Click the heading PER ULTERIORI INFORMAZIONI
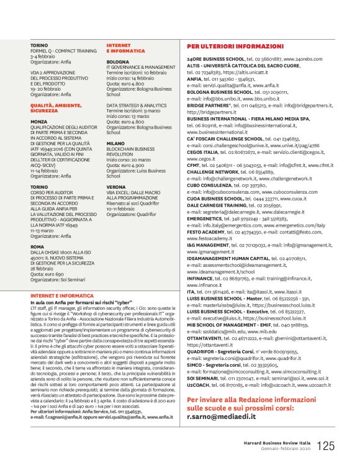pyautogui.click(x=233, y=47)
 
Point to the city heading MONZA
pyautogui.click(x=38, y=122)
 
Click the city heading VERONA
pyautogui.click(x=116, y=186)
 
